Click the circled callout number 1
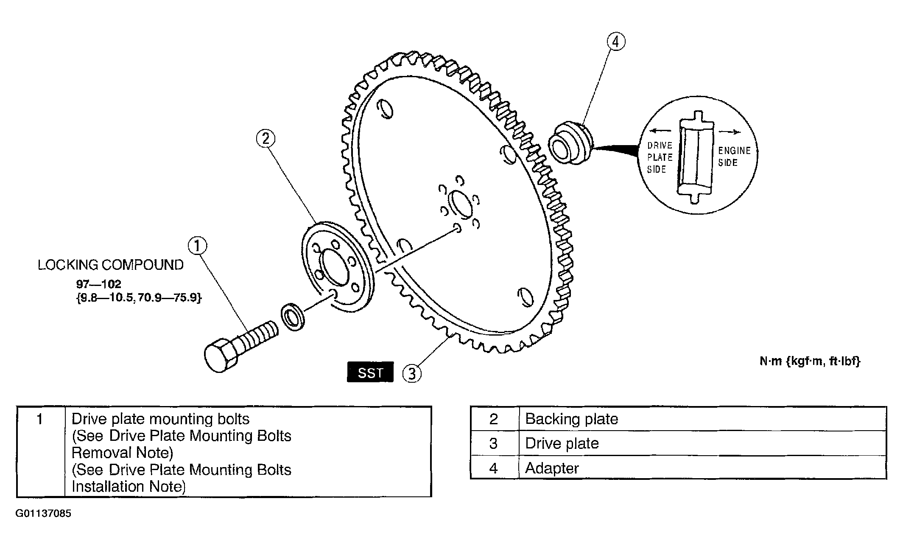(197, 246)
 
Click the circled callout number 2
(266, 138)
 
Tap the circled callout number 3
(412, 374)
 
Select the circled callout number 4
(616, 42)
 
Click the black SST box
(370, 373)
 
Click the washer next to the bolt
(292, 317)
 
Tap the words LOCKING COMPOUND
(111, 265)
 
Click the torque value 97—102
(99, 284)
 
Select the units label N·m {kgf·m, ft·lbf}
(810, 361)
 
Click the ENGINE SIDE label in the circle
(734, 157)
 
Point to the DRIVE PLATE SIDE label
(660, 157)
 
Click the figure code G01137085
(43, 514)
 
